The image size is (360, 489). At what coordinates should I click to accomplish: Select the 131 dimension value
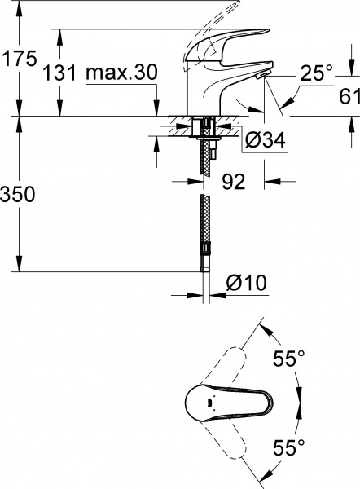(x=63, y=73)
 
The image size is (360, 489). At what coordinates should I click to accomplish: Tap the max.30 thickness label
(x=121, y=73)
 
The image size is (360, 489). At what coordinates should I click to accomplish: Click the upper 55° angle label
(x=289, y=358)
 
